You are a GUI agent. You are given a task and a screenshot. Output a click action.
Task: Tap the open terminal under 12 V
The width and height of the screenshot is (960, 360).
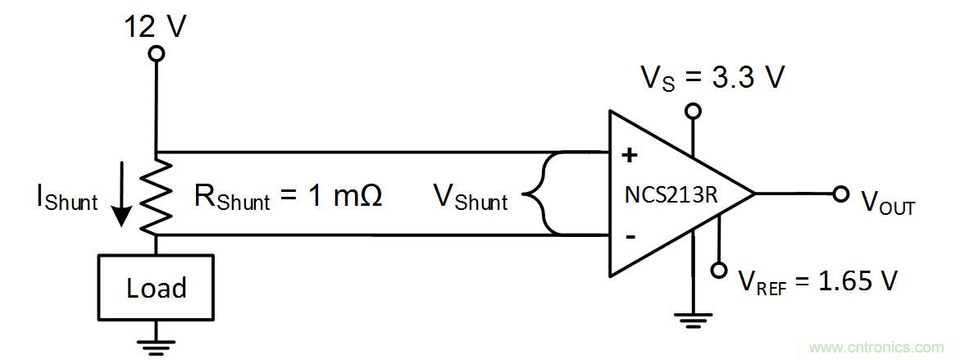pyautogui.click(x=156, y=54)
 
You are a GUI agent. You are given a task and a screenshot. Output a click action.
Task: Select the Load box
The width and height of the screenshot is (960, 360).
pyautogui.click(x=156, y=287)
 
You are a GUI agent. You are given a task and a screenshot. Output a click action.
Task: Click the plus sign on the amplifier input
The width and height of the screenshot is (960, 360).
pyautogui.click(x=630, y=157)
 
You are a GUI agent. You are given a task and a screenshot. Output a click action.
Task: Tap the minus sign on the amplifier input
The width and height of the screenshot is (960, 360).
pyautogui.click(x=630, y=236)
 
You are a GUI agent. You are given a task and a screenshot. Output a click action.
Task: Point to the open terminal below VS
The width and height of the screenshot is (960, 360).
pyautogui.click(x=694, y=110)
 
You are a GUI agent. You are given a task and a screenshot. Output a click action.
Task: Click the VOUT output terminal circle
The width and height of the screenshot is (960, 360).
pyautogui.click(x=840, y=194)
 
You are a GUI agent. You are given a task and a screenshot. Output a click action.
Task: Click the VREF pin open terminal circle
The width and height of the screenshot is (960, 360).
pyautogui.click(x=719, y=270)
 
